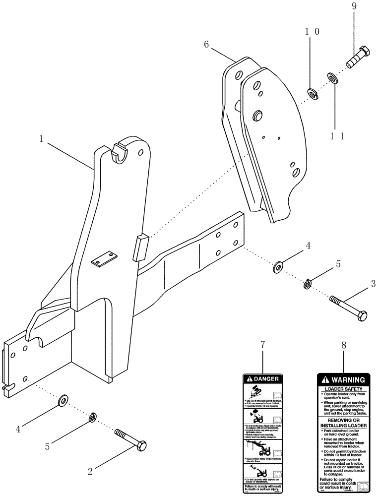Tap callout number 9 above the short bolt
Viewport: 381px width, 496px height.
point(354,7)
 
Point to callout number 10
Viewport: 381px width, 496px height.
point(312,31)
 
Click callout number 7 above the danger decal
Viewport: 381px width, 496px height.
point(262,344)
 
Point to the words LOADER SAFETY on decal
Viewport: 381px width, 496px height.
point(344,389)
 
